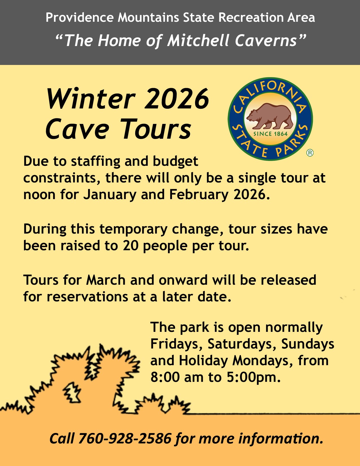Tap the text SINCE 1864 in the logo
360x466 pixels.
[270, 134]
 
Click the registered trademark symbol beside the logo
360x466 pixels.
[310, 153]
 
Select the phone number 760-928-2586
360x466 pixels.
[125, 438]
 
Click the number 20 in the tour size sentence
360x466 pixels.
[130, 246]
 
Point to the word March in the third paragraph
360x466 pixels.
[106, 280]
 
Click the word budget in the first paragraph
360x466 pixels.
[175, 161]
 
